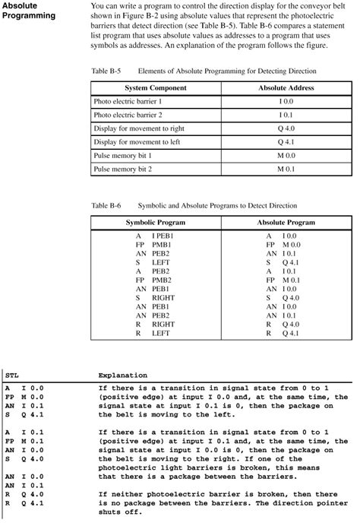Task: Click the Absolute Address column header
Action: [x=285, y=87]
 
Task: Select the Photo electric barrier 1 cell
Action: [x=128, y=101]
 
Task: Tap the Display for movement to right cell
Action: [x=140, y=128]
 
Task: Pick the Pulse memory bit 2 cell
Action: [x=123, y=169]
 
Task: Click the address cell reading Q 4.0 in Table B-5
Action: [x=286, y=128]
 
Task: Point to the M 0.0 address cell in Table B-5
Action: [x=286, y=155]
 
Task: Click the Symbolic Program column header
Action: [x=155, y=223]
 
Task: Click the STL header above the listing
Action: [x=11, y=375]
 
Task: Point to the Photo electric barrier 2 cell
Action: [x=128, y=115]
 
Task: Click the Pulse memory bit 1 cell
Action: [x=123, y=155]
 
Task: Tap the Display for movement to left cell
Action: [x=138, y=141]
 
